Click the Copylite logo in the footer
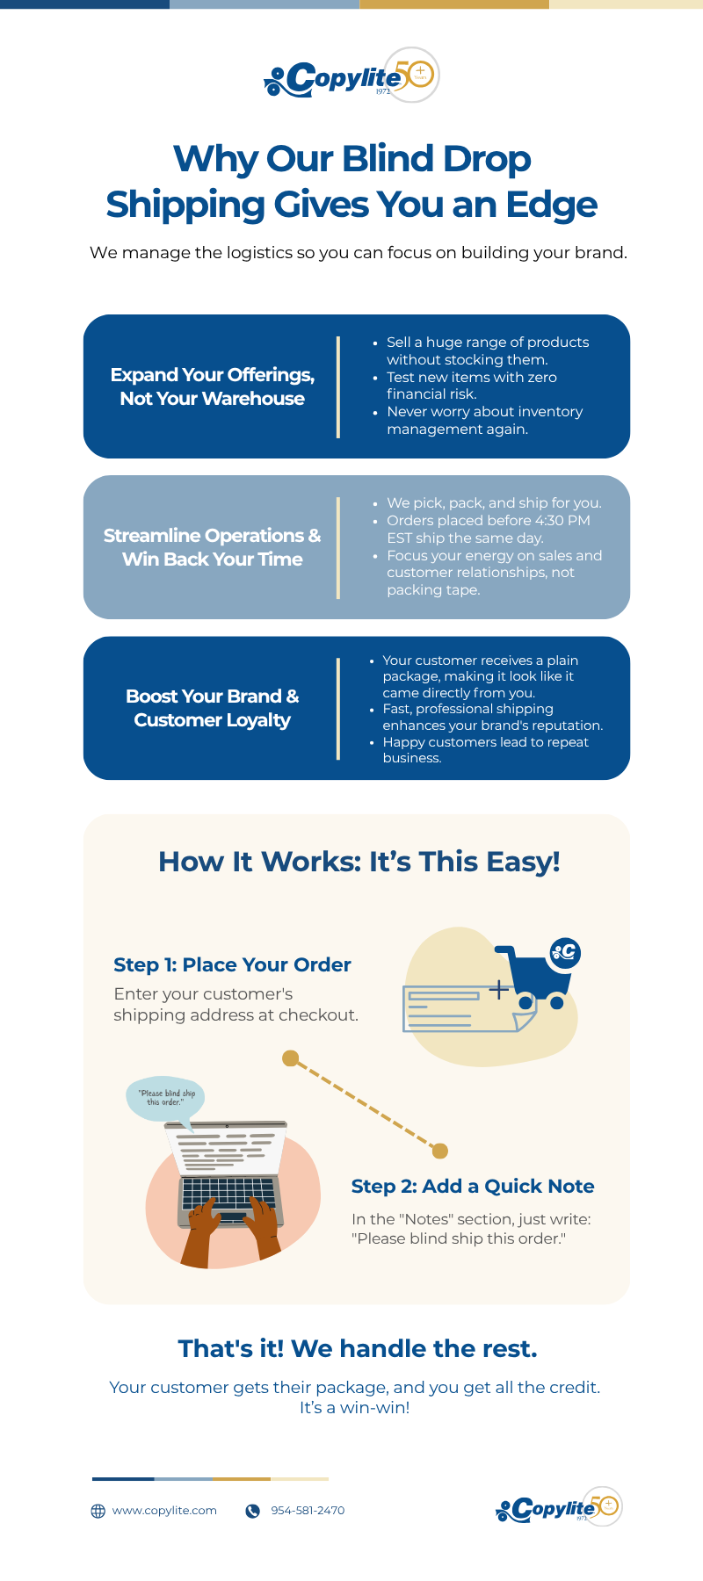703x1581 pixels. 558,1508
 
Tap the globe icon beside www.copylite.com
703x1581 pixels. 98,1511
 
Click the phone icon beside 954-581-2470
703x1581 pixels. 253,1511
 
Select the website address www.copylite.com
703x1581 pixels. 164,1511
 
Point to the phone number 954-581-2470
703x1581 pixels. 308,1511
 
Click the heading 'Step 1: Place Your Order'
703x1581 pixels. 232,964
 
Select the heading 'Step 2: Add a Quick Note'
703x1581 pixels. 473,1186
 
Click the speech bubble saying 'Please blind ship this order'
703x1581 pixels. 165,1098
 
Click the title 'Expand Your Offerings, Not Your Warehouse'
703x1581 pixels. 212,386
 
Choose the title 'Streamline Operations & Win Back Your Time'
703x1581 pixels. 212,547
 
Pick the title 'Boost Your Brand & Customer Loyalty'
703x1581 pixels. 212,708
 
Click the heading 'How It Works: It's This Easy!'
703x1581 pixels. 359,862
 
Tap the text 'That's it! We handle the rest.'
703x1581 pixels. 358,1348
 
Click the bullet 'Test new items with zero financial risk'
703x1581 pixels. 472,386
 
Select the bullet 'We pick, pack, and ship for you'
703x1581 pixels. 494,503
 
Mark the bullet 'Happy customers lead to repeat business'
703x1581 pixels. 485,750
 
